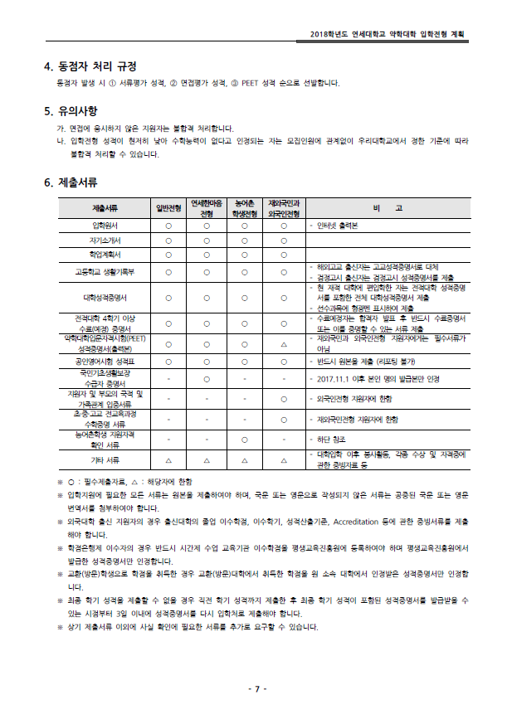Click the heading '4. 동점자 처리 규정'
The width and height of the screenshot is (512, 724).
(90, 66)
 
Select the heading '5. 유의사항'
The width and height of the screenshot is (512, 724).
(76, 111)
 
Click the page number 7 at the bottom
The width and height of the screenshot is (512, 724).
(256, 689)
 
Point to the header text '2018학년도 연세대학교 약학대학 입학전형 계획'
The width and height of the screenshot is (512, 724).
(387, 33)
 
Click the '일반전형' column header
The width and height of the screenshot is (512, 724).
(168, 208)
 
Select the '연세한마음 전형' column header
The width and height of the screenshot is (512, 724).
(207, 208)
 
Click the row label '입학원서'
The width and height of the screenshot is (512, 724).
(105, 225)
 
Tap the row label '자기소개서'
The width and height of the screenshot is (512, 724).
(105, 240)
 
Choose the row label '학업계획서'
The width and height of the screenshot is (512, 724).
(105, 255)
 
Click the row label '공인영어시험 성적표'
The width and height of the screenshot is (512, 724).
(105, 362)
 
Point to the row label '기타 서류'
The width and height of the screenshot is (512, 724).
(105, 459)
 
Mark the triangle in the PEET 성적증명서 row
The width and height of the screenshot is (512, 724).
(284, 343)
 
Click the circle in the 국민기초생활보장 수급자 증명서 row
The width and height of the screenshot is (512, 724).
(207, 379)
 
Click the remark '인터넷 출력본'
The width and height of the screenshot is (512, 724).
(335, 225)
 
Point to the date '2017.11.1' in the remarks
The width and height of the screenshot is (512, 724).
(332, 379)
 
